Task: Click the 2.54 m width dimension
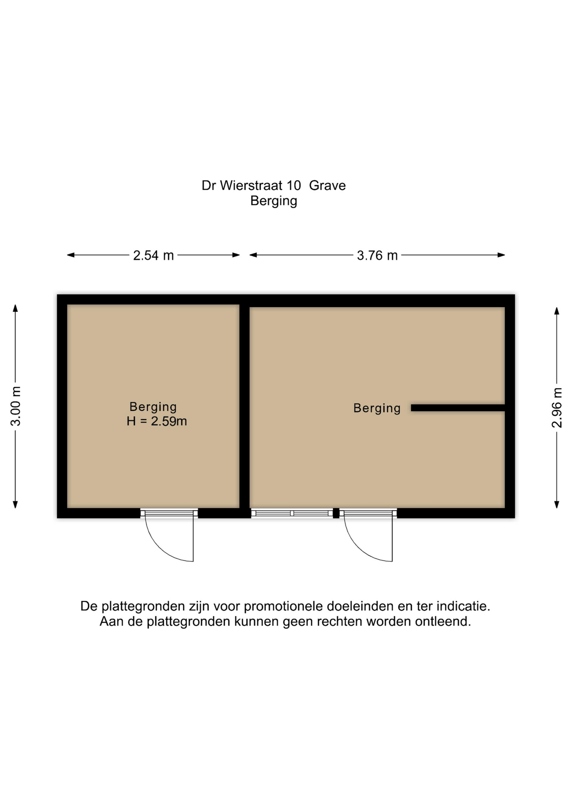pyautogui.click(x=153, y=255)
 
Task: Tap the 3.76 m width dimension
pyautogui.click(x=377, y=255)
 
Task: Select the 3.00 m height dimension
pyautogui.click(x=16, y=406)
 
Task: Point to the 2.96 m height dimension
pyautogui.click(x=557, y=407)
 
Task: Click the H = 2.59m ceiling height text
pyautogui.click(x=157, y=421)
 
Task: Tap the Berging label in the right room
pyautogui.click(x=377, y=408)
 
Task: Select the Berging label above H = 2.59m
pyautogui.click(x=153, y=407)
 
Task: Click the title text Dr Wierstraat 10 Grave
pyautogui.click(x=274, y=185)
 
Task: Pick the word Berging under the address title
pyautogui.click(x=274, y=201)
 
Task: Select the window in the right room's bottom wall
pyautogui.click(x=292, y=513)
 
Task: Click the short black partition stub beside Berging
pyautogui.click(x=458, y=408)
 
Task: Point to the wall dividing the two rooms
pyautogui.click(x=244, y=407)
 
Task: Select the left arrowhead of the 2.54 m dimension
pyautogui.click(x=71, y=255)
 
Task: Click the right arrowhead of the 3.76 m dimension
pyautogui.click(x=501, y=255)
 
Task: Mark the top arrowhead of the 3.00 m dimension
pyautogui.click(x=16, y=308)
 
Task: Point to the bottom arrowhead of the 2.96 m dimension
pyautogui.click(x=557, y=505)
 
